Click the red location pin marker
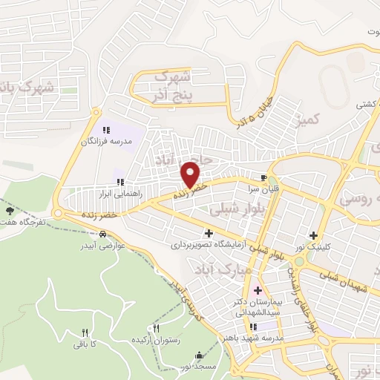click(191, 174)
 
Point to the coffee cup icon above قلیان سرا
click(263, 177)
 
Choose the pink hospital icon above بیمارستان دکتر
click(258, 290)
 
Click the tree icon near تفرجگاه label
click(8, 212)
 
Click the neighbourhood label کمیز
click(307, 119)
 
